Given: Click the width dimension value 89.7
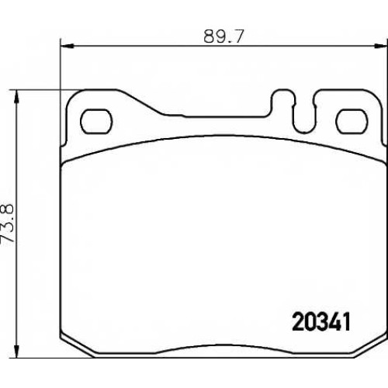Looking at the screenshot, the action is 223,36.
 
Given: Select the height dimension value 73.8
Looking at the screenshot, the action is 8,223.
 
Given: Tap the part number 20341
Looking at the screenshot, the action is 321,322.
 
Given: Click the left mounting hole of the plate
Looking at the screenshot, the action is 96,121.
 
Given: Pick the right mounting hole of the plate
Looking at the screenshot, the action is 352,121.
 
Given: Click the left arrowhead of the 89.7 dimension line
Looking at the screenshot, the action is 67,46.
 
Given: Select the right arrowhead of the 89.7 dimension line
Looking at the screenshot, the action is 381,46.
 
